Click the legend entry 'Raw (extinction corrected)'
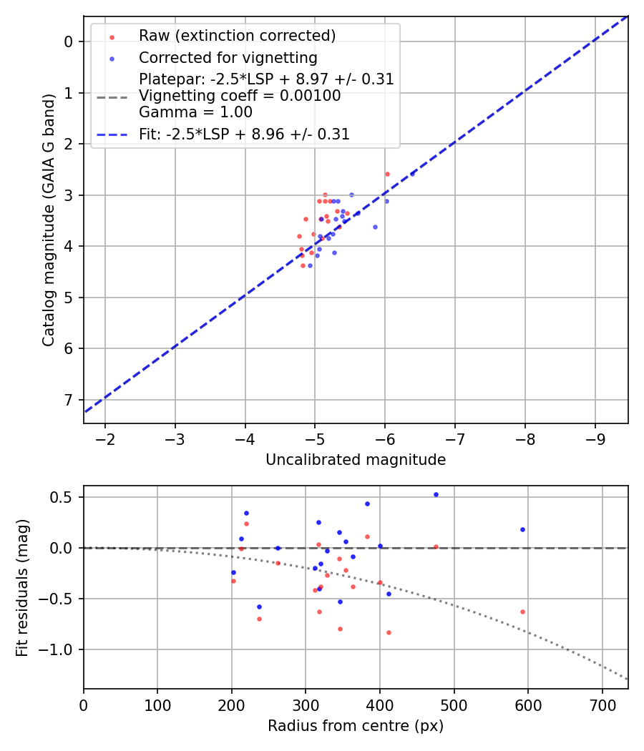[x=237, y=36]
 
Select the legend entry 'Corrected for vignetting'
[x=228, y=57]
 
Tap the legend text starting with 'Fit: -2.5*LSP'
[x=244, y=134]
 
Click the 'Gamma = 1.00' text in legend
[x=195, y=112]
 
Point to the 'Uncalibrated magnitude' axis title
[x=356, y=460]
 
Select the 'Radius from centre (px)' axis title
[x=356, y=726]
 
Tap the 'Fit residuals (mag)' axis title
[x=23, y=587]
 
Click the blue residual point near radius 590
[x=522, y=529]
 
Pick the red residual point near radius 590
[x=522, y=612]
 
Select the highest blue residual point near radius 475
[x=436, y=494]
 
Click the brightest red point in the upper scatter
[x=387, y=174]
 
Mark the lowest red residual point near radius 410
[x=389, y=632]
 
